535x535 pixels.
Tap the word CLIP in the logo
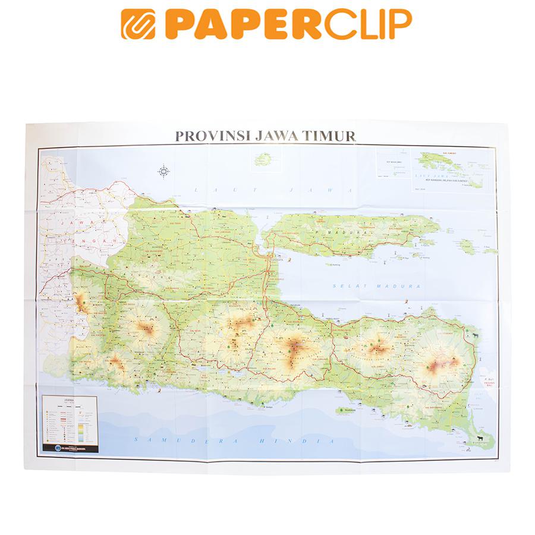(363, 24)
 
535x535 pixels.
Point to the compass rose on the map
(164, 172)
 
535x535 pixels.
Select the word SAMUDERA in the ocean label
(172, 440)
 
